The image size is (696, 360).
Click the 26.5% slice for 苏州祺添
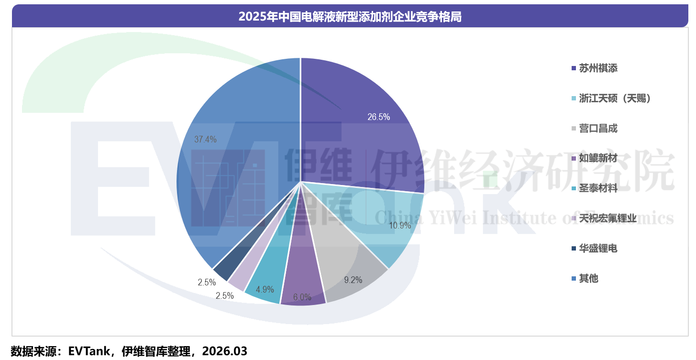click(364, 129)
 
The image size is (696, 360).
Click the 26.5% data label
click(378, 117)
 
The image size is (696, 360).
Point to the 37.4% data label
click(205, 140)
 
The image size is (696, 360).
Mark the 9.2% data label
click(353, 280)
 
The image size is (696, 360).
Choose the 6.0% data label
click(302, 297)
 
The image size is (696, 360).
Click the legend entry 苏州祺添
click(598, 68)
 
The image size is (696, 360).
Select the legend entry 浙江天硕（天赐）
click(615, 98)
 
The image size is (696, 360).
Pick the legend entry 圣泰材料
click(598, 188)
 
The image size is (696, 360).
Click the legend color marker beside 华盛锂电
click(574, 249)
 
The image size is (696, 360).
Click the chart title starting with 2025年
click(350, 17)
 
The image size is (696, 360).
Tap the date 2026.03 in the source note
click(224, 351)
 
